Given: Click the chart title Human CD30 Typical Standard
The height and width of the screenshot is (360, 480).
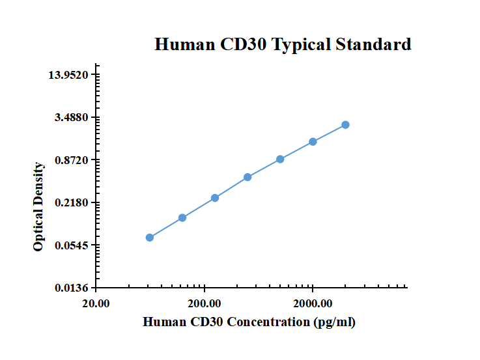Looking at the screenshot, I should [283, 44].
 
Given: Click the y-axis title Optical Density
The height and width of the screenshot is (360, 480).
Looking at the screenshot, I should [39, 207].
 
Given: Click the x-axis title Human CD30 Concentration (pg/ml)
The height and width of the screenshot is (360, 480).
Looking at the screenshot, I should [249, 322].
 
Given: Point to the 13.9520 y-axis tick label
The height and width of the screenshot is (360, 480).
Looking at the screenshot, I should [69, 76].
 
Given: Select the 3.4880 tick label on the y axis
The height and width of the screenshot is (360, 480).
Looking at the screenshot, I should [72, 118].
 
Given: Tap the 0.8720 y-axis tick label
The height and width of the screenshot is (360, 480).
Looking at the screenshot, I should [72, 160].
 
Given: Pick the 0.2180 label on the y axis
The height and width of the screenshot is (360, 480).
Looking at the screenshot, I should [72, 203].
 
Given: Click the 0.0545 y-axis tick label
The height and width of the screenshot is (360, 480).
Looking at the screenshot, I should [72, 245].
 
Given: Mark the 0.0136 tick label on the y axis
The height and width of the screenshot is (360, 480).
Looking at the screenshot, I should [72, 288].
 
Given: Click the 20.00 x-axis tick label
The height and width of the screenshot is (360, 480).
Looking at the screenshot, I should [96, 304].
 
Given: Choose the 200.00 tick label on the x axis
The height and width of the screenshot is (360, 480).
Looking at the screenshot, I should [205, 304].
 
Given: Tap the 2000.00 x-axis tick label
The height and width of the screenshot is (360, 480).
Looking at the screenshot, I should [313, 304].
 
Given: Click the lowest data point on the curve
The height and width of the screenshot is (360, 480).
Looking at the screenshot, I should [150, 238].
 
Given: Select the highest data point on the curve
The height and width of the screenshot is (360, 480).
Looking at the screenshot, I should [345, 124].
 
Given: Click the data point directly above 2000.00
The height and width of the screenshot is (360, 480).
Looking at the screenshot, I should [313, 141].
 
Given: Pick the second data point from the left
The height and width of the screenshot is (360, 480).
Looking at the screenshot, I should [182, 217].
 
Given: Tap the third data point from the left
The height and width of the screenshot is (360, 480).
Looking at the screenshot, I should [215, 198].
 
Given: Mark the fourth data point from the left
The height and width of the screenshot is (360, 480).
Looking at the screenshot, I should [247, 177].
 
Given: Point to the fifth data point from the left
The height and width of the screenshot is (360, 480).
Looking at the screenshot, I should [280, 159].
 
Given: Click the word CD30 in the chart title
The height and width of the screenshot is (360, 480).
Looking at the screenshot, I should [244, 44].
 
